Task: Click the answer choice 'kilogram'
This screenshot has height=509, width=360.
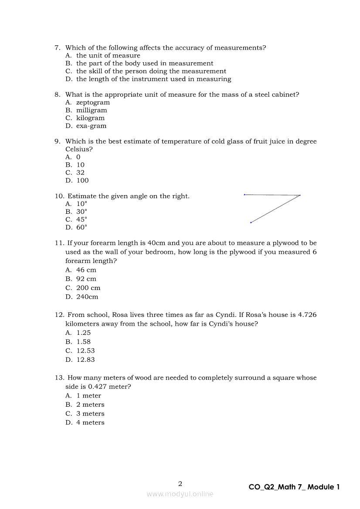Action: [x=90, y=118]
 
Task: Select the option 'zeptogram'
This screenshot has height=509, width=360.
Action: [x=93, y=102]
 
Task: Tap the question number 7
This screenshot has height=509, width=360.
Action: [x=57, y=47]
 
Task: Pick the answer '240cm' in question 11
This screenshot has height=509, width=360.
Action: [x=87, y=297]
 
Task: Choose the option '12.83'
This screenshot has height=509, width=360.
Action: [x=85, y=360]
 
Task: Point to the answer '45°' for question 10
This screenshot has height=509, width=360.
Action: [x=82, y=219]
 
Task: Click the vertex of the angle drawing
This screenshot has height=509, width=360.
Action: [x=300, y=195]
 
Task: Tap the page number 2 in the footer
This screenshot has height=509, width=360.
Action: [x=180, y=483]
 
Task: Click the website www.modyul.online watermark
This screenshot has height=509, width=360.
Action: [x=180, y=494]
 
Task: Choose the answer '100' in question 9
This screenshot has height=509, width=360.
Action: [x=82, y=181]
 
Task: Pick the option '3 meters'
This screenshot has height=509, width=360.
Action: [x=90, y=414]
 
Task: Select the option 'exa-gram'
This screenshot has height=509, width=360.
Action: [x=91, y=126]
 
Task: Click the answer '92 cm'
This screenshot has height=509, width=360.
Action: [x=86, y=279]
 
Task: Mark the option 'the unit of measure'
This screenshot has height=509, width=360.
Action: [x=108, y=55]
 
